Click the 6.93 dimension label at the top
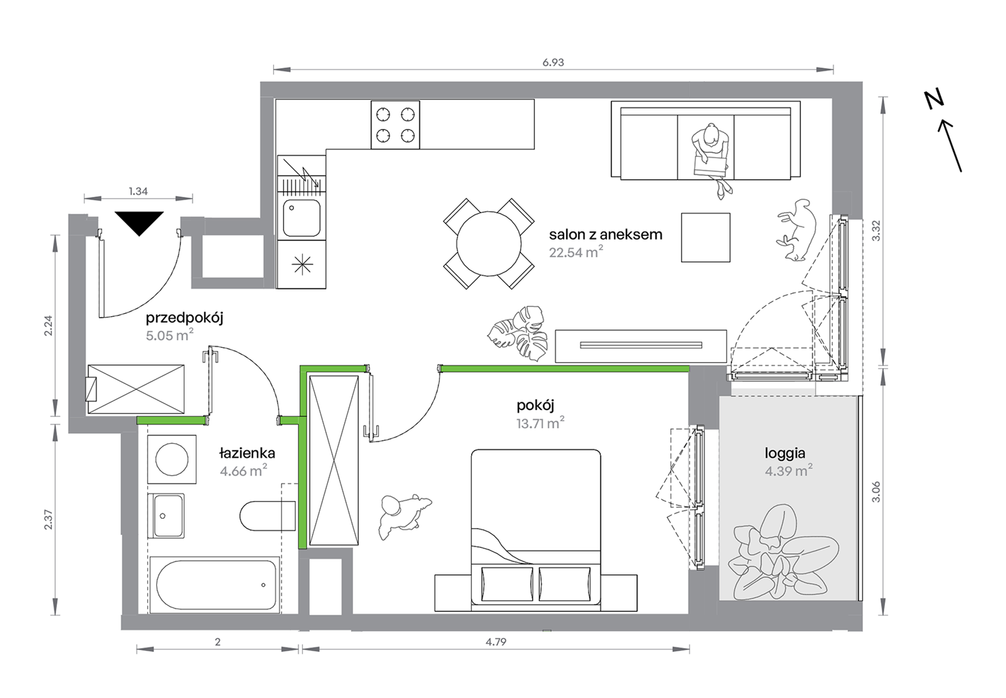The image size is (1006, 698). click(x=553, y=62)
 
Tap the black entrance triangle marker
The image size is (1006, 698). click(x=139, y=223)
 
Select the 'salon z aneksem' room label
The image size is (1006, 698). click(x=605, y=234)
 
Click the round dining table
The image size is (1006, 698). click(x=489, y=244)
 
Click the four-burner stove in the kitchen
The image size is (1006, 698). click(x=395, y=125)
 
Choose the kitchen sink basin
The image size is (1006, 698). click(x=302, y=218)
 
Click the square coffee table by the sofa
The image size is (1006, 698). click(x=705, y=238)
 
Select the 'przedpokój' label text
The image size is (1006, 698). click(x=184, y=318)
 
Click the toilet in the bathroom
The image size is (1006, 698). click(x=267, y=515)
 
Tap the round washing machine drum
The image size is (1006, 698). click(x=172, y=459)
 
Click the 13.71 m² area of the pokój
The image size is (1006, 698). click(x=540, y=423)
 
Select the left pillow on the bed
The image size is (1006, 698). click(x=507, y=584)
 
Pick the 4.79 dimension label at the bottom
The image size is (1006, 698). click(x=496, y=642)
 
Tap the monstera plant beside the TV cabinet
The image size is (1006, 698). click(x=517, y=333)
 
